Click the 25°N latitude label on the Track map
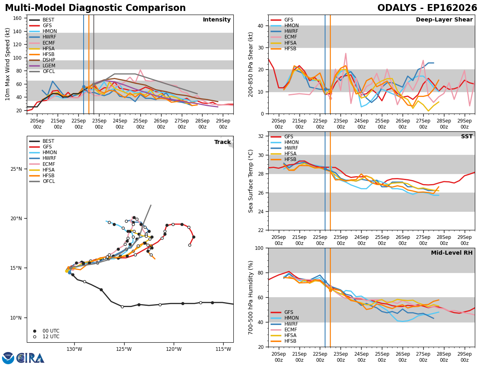[x=16, y=169]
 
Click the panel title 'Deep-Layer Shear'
[x=444, y=20]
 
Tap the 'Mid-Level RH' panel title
[x=452, y=253]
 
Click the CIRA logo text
[x=30, y=358]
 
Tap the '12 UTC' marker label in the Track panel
[x=51, y=337]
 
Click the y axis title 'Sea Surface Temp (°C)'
[x=250, y=181]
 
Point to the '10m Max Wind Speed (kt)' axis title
[x=7, y=64]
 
